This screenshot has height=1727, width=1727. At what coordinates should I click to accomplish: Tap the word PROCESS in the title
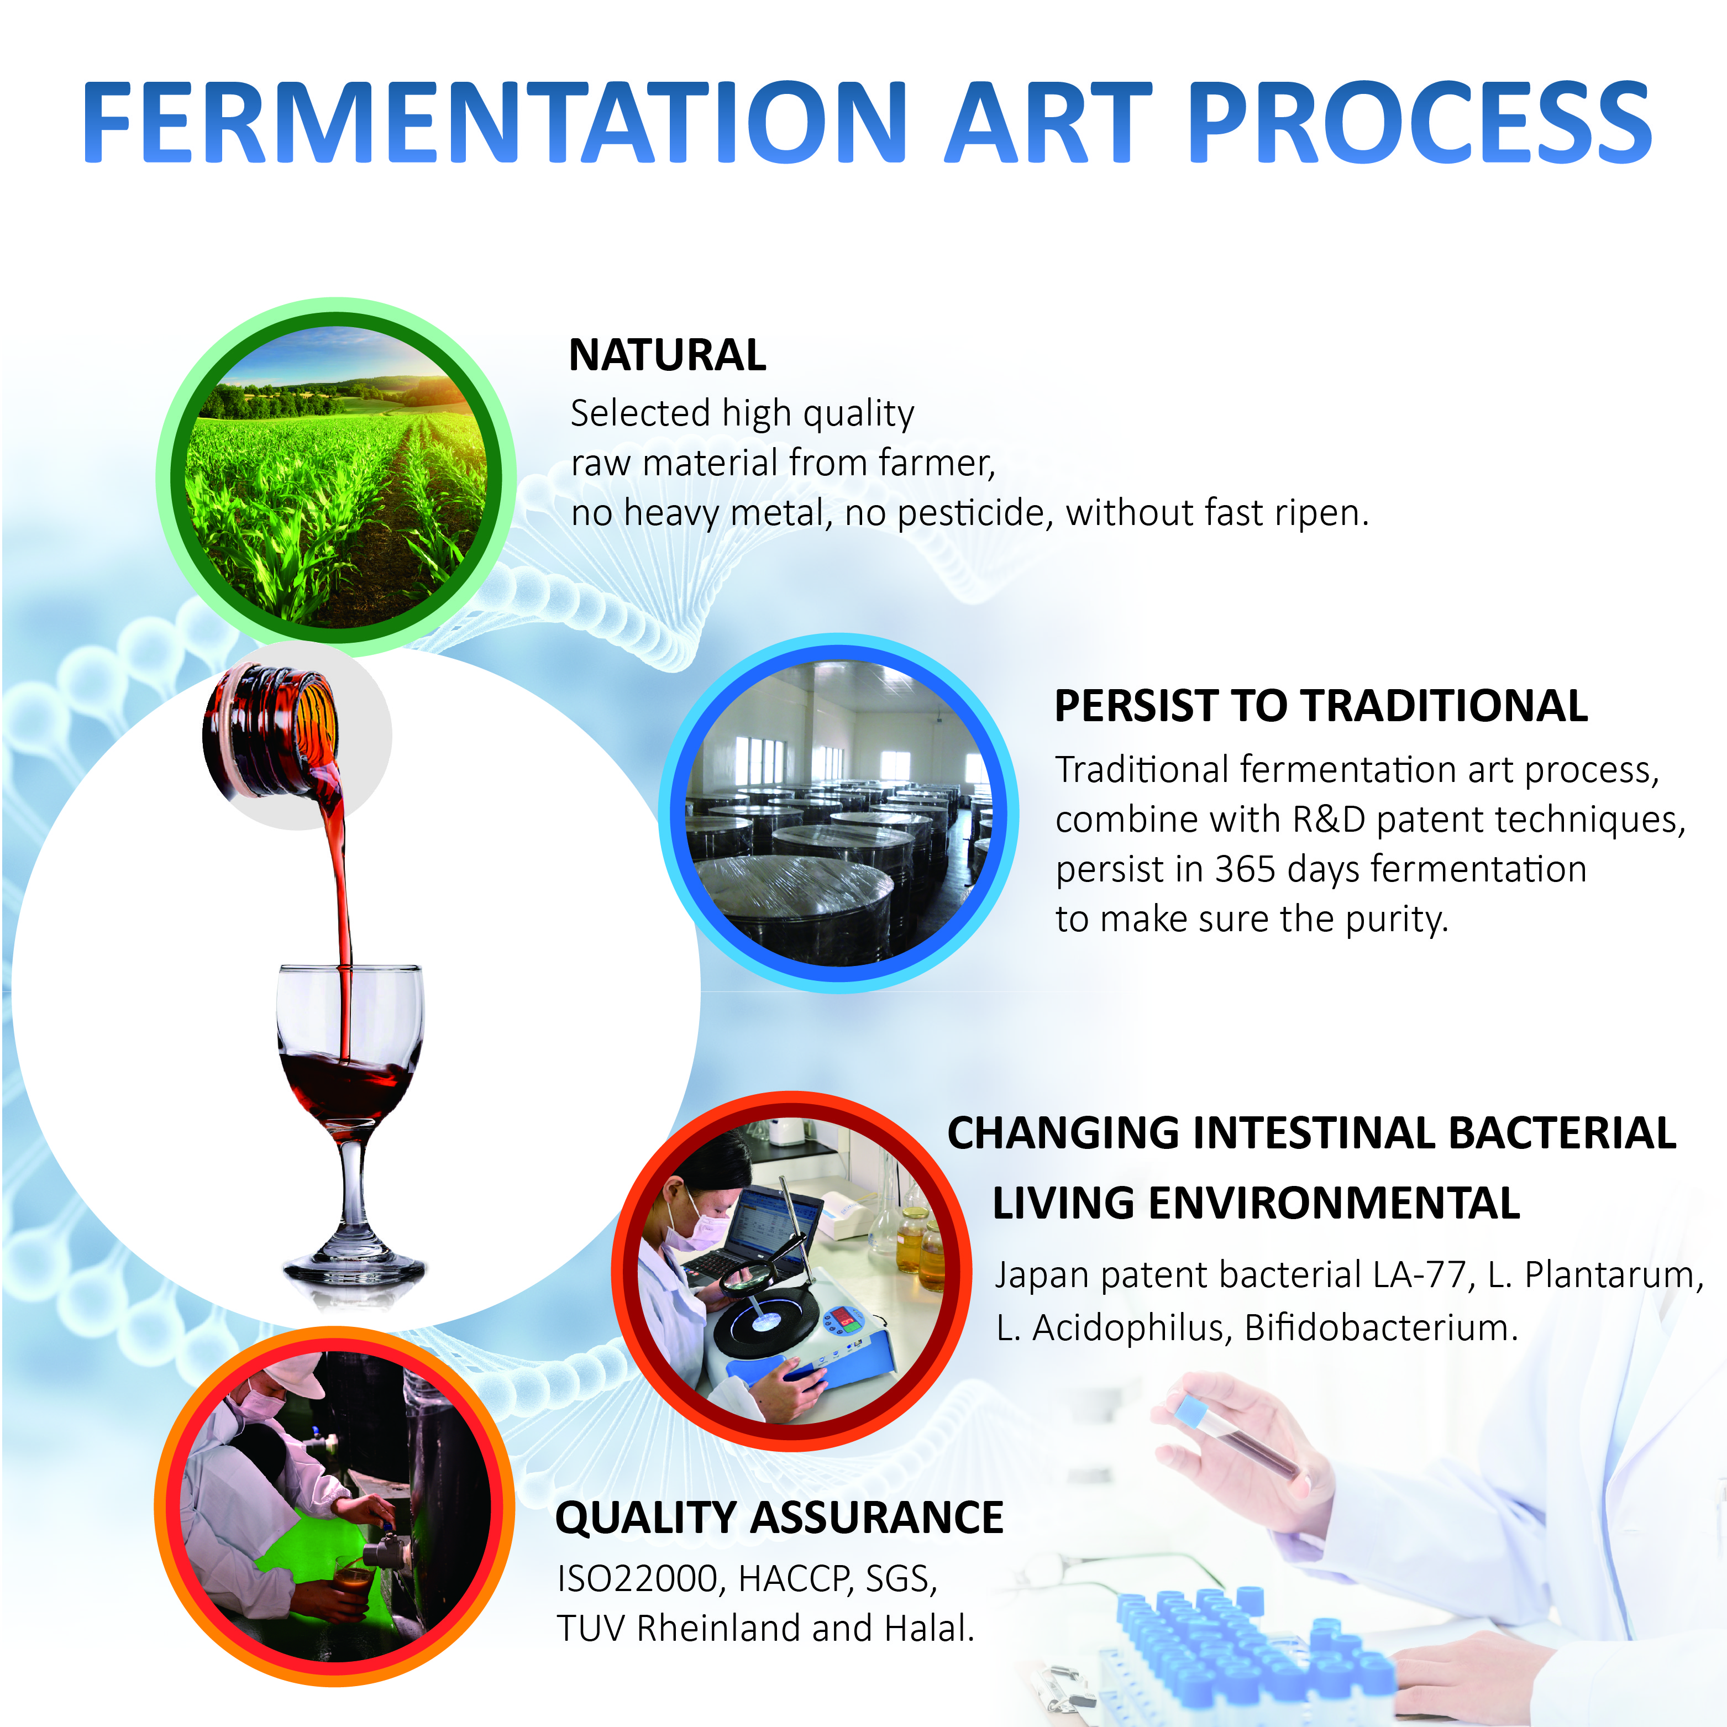(x=1420, y=122)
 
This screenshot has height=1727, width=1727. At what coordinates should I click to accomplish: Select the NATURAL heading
(x=668, y=355)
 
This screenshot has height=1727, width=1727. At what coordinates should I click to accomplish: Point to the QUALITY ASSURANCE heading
(x=779, y=1517)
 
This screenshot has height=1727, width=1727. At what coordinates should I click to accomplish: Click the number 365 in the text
(x=1245, y=869)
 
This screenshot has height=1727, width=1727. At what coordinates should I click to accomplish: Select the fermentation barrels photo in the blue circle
(x=838, y=813)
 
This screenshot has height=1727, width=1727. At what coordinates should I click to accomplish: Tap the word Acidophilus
(x=1132, y=1329)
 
